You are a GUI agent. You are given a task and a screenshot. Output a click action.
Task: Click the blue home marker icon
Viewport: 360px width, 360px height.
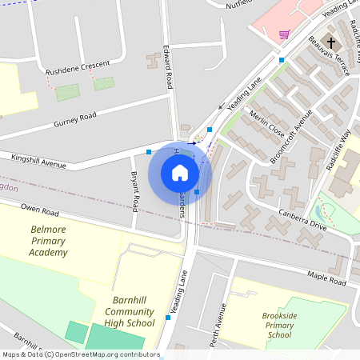pyautogui.click(x=180, y=173)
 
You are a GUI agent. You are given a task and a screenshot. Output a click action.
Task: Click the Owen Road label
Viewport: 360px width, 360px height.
pyautogui.click(x=40, y=212)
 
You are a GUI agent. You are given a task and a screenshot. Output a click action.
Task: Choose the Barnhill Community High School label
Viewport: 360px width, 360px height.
pyautogui.click(x=129, y=311)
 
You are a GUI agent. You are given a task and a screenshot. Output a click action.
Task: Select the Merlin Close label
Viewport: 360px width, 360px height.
pyautogui.click(x=266, y=124)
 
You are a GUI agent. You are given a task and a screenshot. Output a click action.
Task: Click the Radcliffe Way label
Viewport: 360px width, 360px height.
pyautogui.click(x=340, y=144)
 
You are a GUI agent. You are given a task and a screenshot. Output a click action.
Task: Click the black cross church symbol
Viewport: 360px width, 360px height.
pyautogui.click(x=332, y=42)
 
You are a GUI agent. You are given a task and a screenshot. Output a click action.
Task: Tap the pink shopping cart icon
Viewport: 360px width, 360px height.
pyautogui.click(x=284, y=34)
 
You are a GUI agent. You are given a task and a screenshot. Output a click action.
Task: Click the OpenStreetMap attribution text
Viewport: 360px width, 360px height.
pyautogui.click(x=81, y=354)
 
